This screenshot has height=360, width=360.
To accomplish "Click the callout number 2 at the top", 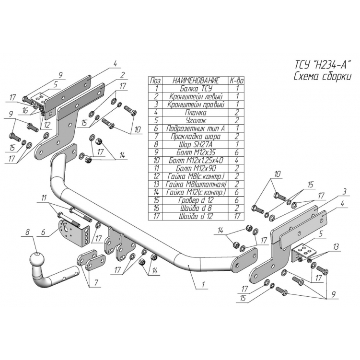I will click(x=123, y=74).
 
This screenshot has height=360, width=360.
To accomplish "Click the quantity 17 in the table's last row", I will click(x=237, y=217).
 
